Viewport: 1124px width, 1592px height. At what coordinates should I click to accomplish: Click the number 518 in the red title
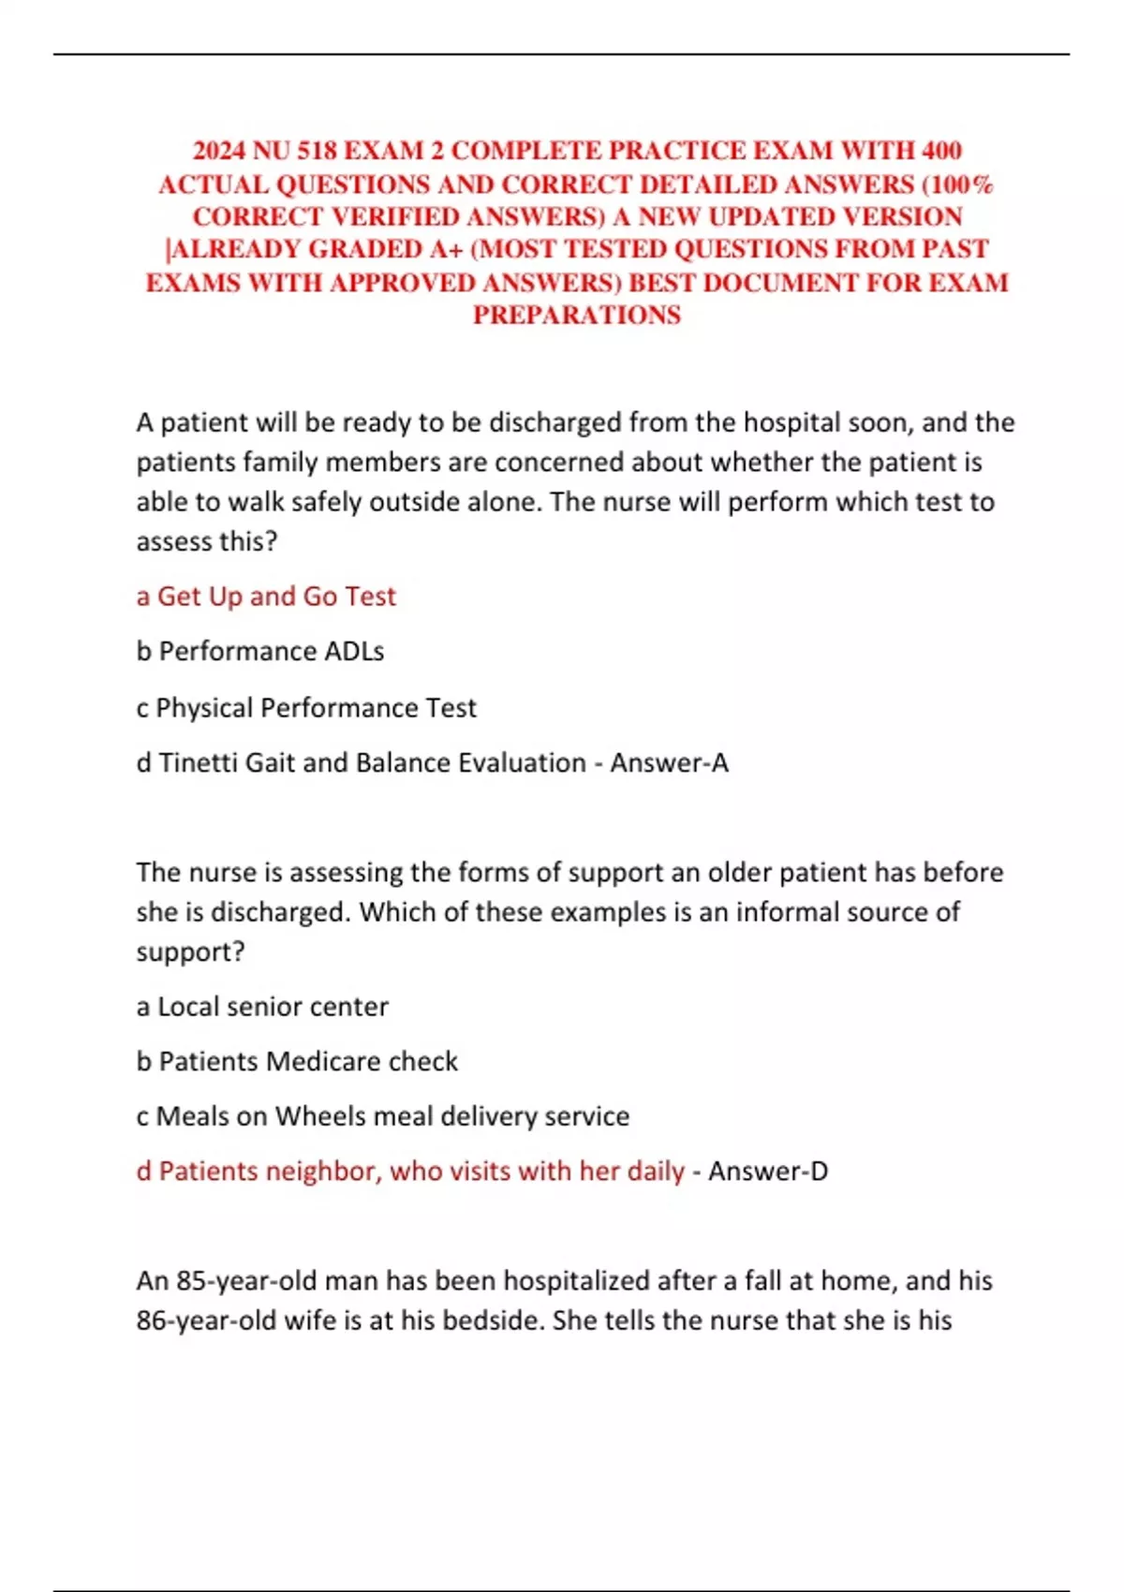[x=318, y=151]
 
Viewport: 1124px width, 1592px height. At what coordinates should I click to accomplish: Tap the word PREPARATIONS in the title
[x=576, y=315]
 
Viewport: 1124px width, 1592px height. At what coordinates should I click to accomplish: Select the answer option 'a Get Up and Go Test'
[x=266, y=597]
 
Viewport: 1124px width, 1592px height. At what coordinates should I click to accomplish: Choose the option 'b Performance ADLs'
[x=260, y=651]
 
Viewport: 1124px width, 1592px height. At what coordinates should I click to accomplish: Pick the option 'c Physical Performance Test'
[x=306, y=707]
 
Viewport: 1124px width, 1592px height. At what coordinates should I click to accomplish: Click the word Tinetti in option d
[x=198, y=762]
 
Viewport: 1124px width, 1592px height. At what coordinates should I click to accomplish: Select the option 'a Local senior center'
[x=262, y=1007]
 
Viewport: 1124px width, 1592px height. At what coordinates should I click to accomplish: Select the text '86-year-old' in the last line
[x=206, y=1320]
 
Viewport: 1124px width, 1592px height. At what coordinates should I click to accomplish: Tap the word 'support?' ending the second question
[x=190, y=952]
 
